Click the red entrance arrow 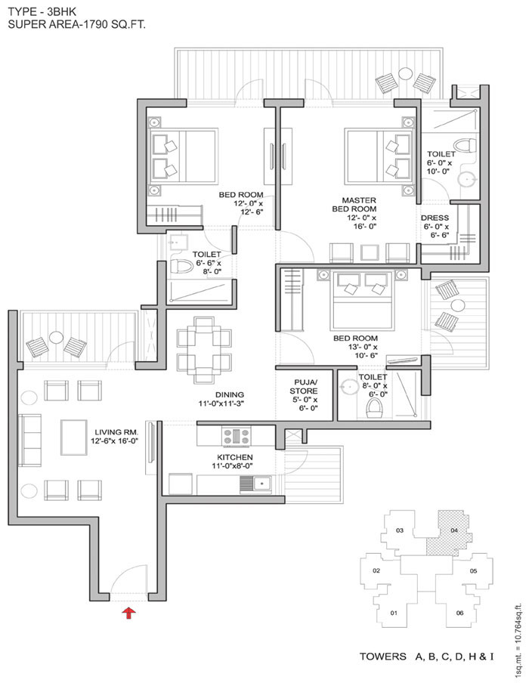coord(128,613)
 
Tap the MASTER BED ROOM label coord(354,204)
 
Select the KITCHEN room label coord(235,457)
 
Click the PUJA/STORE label coord(304,386)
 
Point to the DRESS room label coord(435,218)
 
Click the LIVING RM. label coord(116,432)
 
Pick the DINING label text coord(230,394)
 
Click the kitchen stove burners coord(237,437)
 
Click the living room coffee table coord(73,437)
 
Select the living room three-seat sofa coord(29,440)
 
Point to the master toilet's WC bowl coord(464,145)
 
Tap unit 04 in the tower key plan coord(454,530)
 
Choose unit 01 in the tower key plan coord(394,613)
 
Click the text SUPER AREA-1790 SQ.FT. coord(76,24)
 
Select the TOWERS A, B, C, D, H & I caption coord(426,656)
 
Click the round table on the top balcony coord(406,73)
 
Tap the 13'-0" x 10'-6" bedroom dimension coord(363,351)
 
